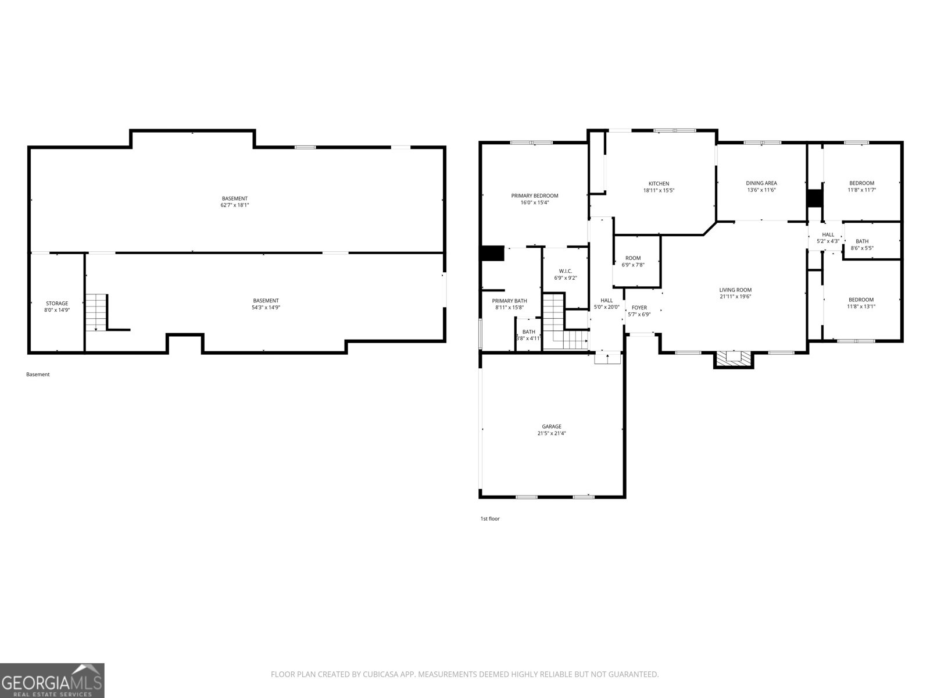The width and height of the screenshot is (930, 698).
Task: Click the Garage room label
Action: pos(551,426)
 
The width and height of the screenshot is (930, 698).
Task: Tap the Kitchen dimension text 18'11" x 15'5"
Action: pos(659,190)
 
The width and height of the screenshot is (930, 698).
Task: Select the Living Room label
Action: pos(735,290)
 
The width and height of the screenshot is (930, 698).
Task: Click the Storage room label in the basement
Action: pos(57,304)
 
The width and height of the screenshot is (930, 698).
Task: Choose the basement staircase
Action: pos(96,312)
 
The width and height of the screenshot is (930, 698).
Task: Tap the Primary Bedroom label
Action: pos(534,196)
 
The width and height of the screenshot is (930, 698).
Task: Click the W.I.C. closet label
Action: pos(565,271)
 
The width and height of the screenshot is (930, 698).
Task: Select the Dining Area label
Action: pos(761,183)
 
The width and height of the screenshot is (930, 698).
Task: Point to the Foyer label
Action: pos(639,308)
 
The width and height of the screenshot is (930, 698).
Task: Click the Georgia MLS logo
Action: pos(52,681)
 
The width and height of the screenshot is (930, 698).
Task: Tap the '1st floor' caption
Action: pos(490,518)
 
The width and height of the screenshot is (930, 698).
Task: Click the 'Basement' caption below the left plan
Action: pos(38,374)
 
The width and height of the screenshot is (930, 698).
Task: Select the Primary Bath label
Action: pos(509,301)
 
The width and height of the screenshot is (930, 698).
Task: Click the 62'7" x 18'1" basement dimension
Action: pos(234,205)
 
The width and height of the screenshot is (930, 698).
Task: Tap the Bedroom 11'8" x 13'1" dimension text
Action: pos(861,307)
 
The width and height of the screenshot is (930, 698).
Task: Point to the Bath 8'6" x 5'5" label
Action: pos(862,244)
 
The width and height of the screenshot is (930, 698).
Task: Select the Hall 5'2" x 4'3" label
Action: pos(828,238)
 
